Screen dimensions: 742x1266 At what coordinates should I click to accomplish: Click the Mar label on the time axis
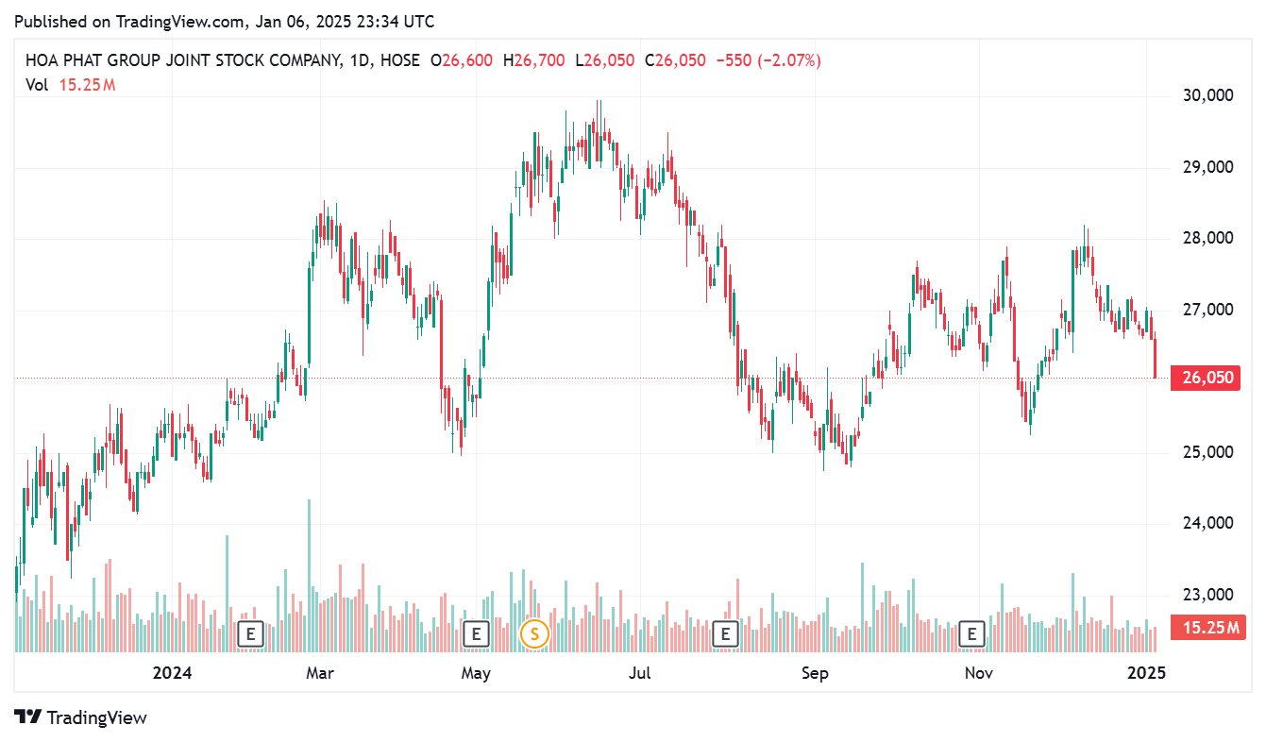pos(321,673)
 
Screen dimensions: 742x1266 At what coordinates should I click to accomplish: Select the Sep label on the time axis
pos(814,673)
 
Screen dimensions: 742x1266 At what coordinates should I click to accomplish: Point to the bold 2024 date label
pos(172,673)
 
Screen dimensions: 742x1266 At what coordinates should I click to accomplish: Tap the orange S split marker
pos(534,633)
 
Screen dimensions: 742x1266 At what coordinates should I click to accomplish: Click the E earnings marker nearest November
pos(971,633)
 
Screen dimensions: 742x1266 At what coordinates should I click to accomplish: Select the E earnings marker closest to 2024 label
pos(249,633)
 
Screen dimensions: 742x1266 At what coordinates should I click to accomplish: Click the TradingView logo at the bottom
pos(81,717)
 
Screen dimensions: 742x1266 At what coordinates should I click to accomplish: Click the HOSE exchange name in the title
pos(400,60)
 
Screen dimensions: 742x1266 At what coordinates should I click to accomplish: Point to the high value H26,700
pos(534,60)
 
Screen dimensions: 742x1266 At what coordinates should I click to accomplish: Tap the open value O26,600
pos(462,60)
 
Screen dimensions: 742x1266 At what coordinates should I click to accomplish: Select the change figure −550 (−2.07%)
pos(768,60)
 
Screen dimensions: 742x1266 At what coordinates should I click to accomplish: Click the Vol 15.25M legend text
pos(70,85)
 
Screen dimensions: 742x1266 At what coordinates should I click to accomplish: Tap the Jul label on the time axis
pos(640,673)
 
